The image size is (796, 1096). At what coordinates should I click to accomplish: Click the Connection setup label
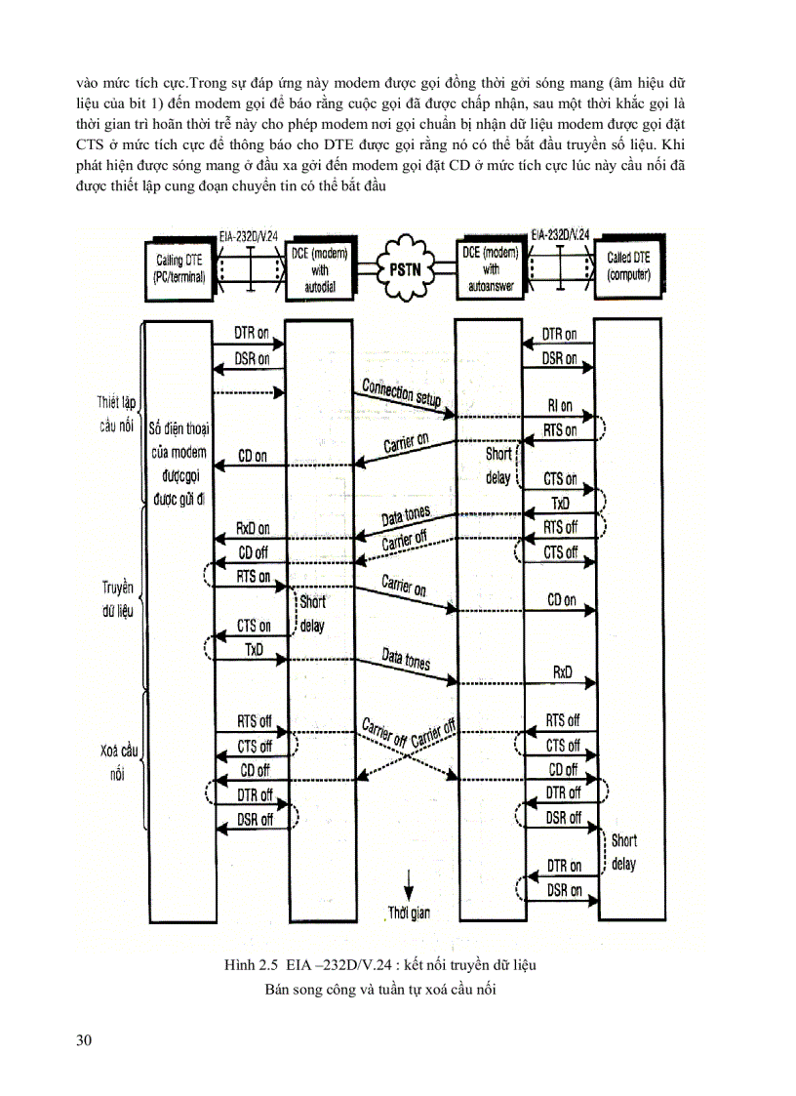click(401, 392)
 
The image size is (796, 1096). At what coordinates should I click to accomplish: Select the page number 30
click(85, 1040)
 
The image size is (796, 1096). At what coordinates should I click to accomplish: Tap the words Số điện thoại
click(182, 428)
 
